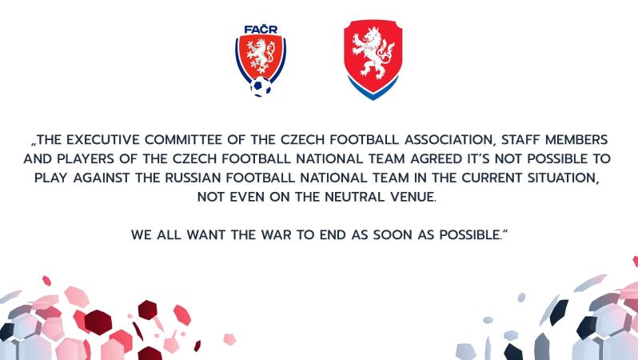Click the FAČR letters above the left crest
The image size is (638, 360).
click(261, 30)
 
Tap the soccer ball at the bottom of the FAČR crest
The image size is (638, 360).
click(261, 86)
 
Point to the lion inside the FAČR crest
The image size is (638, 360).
click(261, 58)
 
